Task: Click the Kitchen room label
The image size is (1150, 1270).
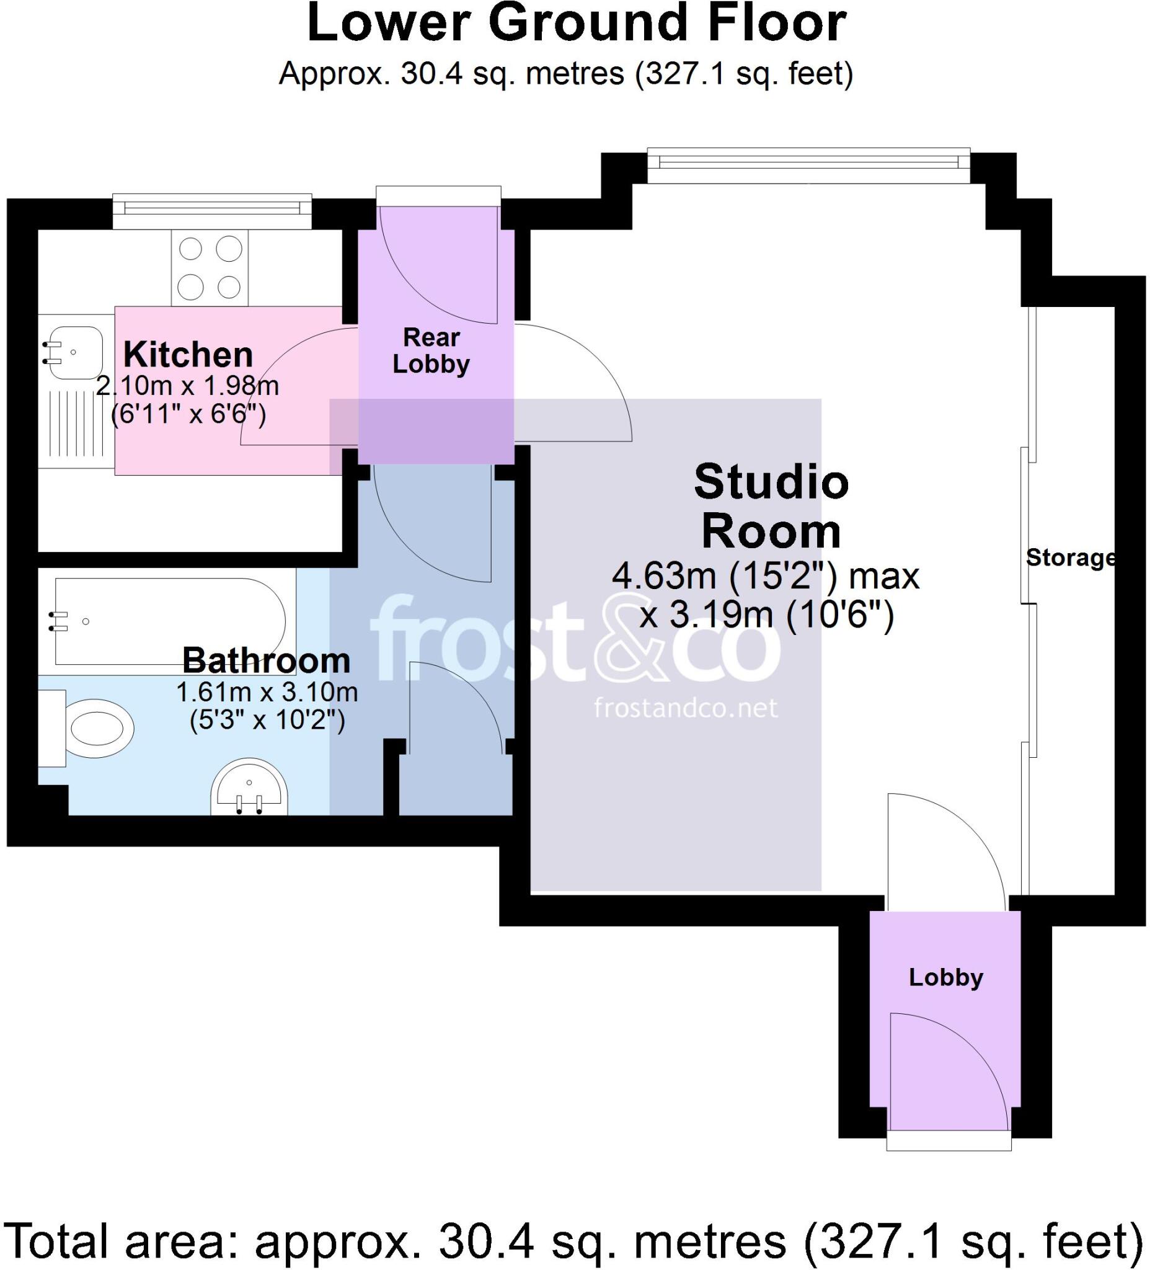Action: [188, 355]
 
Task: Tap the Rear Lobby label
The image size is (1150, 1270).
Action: [431, 351]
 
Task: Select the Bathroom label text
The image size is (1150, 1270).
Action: [267, 660]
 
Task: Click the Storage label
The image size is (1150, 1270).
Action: [1069, 557]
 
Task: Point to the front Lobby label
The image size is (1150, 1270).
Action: [946, 977]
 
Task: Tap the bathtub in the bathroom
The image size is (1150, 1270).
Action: [170, 622]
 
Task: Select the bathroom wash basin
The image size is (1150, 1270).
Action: [249, 788]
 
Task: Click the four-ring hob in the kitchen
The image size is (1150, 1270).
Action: [210, 267]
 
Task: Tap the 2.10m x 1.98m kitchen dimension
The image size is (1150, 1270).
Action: [187, 386]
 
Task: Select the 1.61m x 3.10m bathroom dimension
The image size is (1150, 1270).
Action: [267, 692]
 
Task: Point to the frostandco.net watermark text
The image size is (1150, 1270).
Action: [685, 708]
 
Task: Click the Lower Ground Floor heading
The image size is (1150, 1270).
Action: [576, 24]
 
